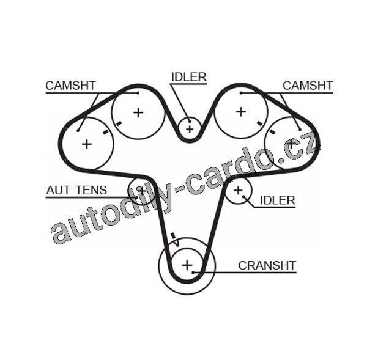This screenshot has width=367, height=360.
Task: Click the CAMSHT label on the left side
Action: click(70, 86)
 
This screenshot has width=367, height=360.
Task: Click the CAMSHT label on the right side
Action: click(307, 86)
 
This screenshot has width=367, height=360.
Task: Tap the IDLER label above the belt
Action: click(188, 77)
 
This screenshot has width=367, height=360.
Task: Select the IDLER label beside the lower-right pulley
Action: click(277, 200)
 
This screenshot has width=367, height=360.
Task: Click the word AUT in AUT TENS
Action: click(57, 191)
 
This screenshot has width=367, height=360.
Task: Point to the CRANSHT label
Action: click(267, 265)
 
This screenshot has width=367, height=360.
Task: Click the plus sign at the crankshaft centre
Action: click(187, 265)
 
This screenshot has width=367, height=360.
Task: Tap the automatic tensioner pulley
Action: click(142, 190)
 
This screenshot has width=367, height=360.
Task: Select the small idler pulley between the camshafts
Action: click(190, 128)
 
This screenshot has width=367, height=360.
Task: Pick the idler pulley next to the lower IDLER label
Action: click(239, 191)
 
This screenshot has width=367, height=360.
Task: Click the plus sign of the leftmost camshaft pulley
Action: click(87, 144)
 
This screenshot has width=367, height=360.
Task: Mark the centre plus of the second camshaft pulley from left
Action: click(138, 112)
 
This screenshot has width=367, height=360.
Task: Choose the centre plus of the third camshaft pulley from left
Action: click(240, 111)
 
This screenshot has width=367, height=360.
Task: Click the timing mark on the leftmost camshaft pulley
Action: click(106, 131)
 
